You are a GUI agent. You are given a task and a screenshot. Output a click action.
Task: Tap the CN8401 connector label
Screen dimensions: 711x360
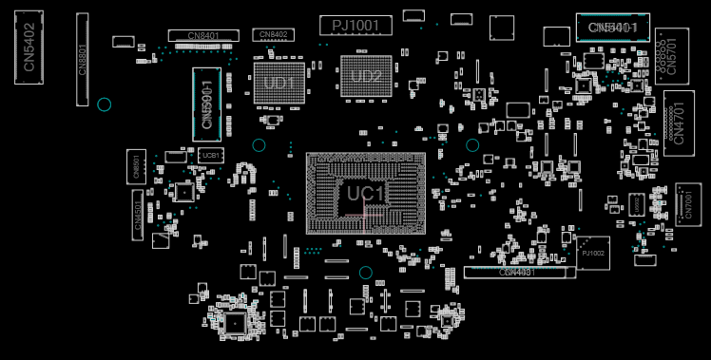point(203,36)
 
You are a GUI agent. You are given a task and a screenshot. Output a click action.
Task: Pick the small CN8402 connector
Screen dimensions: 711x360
point(273,35)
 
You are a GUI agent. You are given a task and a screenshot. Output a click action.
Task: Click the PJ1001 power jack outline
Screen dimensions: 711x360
point(355,26)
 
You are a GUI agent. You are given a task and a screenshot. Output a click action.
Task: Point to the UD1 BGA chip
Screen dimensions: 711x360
point(279,83)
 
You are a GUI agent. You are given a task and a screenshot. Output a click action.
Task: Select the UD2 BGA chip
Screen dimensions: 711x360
point(366,76)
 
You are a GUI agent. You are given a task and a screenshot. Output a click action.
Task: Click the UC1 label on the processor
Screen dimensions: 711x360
point(366,194)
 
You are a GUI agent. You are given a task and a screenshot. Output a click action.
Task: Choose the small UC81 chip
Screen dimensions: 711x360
point(211,155)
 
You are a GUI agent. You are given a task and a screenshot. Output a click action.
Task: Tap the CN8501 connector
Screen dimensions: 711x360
point(136,167)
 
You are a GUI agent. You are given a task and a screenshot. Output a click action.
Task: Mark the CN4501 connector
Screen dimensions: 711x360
point(137,213)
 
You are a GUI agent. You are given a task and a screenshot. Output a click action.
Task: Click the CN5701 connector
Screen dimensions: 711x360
point(672,57)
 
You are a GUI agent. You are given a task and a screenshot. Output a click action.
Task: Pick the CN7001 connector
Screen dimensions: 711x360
point(688,204)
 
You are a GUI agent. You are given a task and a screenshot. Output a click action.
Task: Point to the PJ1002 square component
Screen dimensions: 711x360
point(593,253)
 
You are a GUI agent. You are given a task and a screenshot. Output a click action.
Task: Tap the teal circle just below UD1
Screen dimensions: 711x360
point(259,145)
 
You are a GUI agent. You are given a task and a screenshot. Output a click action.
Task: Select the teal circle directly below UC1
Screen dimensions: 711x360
point(365,273)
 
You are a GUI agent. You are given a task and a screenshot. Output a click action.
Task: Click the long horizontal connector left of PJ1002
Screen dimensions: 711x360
point(519,273)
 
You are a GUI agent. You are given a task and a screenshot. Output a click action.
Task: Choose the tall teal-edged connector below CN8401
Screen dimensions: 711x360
point(206,100)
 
